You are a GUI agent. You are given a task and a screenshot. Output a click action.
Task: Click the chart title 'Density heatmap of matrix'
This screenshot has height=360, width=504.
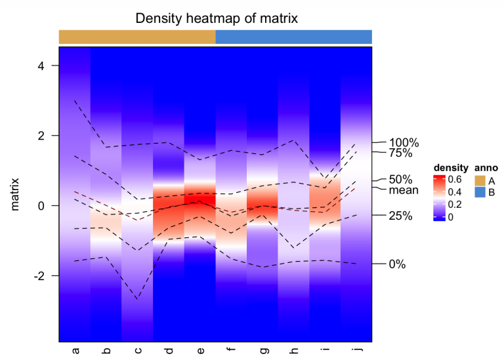click(x=217, y=18)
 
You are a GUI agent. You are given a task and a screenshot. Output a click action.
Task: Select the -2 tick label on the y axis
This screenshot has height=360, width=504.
click(x=40, y=275)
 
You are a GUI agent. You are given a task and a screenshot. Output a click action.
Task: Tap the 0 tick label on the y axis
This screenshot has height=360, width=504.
click(x=43, y=205)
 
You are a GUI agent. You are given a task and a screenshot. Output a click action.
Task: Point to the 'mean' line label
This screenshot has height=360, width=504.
click(x=404, y=190)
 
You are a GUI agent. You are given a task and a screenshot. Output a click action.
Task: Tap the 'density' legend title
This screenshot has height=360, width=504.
click(x=450, y=167)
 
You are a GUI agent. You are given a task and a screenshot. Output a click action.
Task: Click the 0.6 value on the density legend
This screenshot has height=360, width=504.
click(x=455, y=179)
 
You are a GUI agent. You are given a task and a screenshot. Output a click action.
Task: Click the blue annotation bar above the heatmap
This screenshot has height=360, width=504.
click(x=294, y=37)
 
